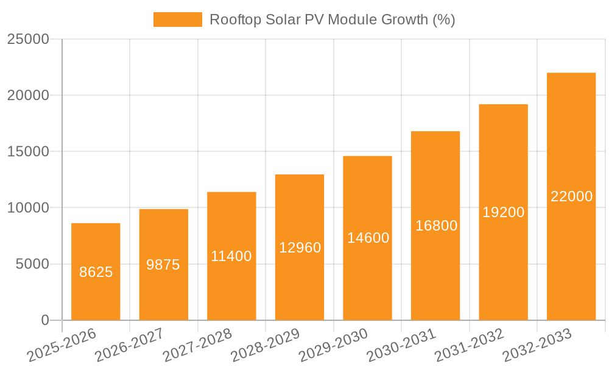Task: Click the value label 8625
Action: tap(96, 272)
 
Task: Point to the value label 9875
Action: tap(163, 265)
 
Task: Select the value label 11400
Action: tap(231, 256)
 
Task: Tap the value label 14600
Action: tap(368, 238)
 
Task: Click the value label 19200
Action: tap(503, 212)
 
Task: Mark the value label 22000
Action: tap(571, 196)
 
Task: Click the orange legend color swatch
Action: tap(177, 20)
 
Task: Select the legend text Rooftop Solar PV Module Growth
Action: tap(333, 20)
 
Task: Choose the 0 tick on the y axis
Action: tap(44, 320)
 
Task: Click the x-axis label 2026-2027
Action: tap(129, 345)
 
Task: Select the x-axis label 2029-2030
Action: tap(333, 345)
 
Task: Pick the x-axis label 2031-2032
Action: tap(469, 345)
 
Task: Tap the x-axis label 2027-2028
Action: tap(197, 345)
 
